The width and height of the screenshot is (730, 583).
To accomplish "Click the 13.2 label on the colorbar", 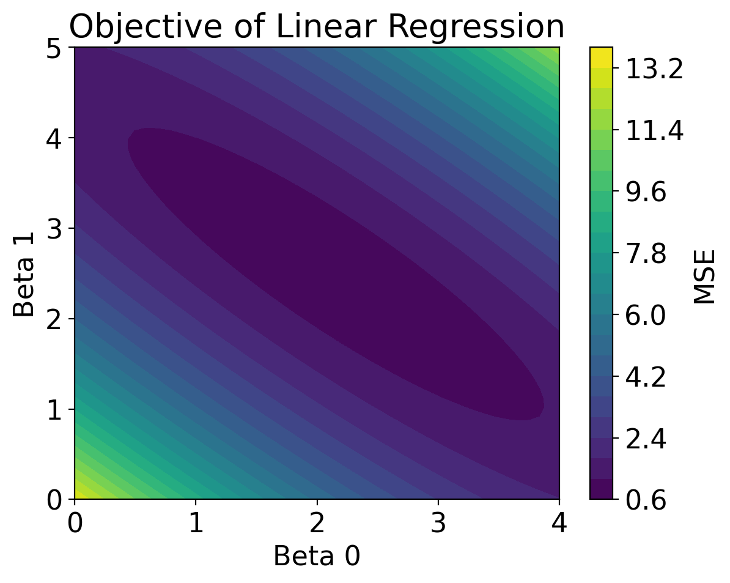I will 653,71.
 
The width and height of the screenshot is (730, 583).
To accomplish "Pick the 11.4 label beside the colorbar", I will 653,132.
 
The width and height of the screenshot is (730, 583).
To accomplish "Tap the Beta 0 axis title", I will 316,557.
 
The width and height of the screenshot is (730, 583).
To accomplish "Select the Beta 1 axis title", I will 24,273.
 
